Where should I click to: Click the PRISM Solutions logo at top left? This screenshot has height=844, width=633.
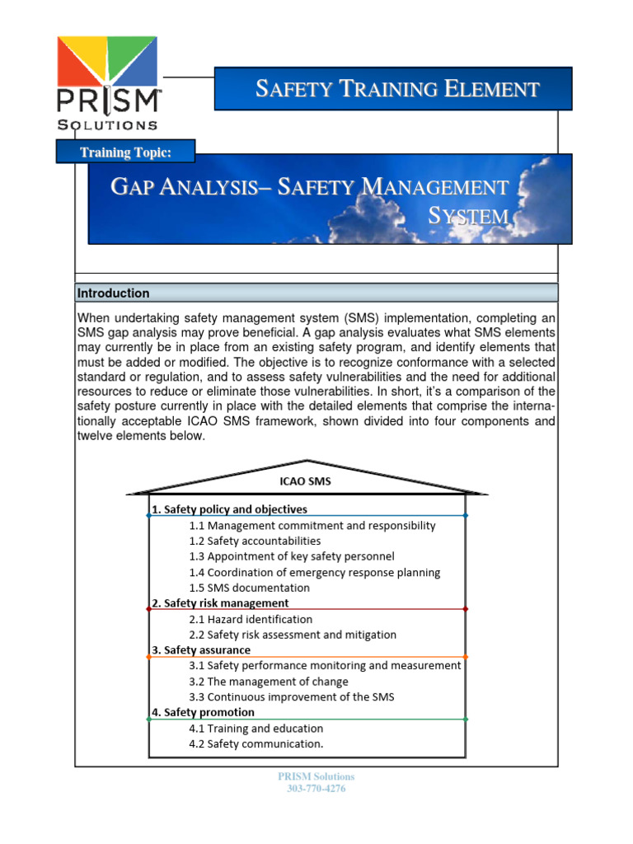pyautogui.click(x=106, y=82)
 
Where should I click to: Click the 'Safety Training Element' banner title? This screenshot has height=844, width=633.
pyautogui.click(x=397, y=89)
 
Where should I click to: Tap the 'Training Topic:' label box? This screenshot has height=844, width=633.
pyautogui.click(x=125, y=152)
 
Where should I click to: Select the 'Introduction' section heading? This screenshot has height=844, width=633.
pyautogui.click(x=114, y=293)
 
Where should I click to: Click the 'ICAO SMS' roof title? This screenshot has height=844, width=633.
pyautogui.click(x=306, y=480)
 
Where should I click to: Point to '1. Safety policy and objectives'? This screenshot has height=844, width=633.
pyautogui.click(x=229, y=509)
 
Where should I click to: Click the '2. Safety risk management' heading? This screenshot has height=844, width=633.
pyautogui.click(x=219, y=603)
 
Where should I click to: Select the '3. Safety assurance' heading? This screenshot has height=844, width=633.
pyautogui.click(x=201, y=650)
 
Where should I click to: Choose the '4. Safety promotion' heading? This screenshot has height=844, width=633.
pyautogui.click(x=203, y=712)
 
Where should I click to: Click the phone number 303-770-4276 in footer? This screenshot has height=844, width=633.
pyautogui.click(x=316, y=789)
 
